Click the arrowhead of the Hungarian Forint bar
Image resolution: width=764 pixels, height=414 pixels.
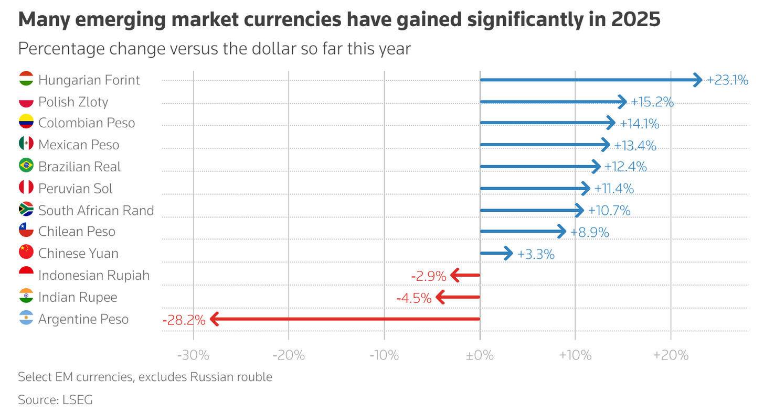(x=698, y=80)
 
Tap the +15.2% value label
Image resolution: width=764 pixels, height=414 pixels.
(x=652, y=102)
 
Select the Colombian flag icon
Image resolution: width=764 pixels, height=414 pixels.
(x=26, y=123)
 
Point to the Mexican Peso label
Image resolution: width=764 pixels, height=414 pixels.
(x=79, y=145)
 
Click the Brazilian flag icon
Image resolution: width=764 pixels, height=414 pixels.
(x=26, y=167)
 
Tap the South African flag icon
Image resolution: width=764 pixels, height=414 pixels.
(x=26, y=210)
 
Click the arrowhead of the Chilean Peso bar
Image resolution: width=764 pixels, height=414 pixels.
(x=562, y=231)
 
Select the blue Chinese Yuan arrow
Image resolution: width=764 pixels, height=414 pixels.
(x=496, y=254)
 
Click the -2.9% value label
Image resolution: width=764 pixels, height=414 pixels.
(x=429, y=276)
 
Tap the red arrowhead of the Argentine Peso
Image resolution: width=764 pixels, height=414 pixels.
(x=214, y=319)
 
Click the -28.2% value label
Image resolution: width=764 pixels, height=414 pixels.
(x=184, y=320)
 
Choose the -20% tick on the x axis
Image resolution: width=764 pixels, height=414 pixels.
(x=289, y=355)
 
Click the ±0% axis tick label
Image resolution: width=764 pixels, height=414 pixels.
(x=480, y=355)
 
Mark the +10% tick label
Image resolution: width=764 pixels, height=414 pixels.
(x=575, y=355)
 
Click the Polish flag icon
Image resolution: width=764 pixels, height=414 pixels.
(x=26, y=102)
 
